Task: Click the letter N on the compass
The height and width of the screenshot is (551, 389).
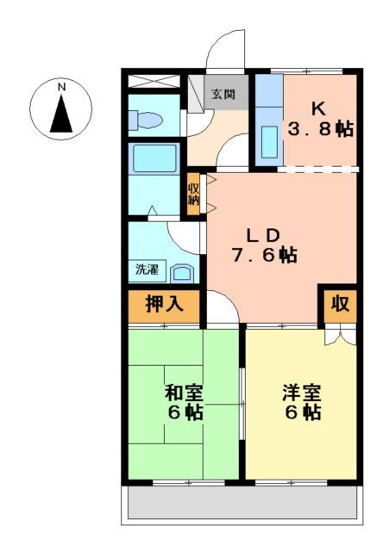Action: (x=61, y=87)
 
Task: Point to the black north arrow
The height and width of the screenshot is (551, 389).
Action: (x=61, y=115)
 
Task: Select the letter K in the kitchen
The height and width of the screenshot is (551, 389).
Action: (x=317, y=109)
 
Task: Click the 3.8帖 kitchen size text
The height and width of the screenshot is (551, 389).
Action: (x=320, y=131)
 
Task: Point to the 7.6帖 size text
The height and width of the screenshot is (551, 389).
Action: (x=263, y=256)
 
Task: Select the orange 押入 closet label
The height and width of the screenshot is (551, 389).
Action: (x=163, y=304)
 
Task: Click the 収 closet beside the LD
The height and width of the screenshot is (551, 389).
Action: (x=341, y=304)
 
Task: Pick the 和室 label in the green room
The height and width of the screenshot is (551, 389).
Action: (x=184, y=393)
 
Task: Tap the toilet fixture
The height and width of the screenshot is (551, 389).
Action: (x=147, y=121)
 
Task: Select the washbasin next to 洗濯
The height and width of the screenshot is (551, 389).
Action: (x=183, y=273)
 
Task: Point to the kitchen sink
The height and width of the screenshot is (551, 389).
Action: (x=269, y=142)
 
